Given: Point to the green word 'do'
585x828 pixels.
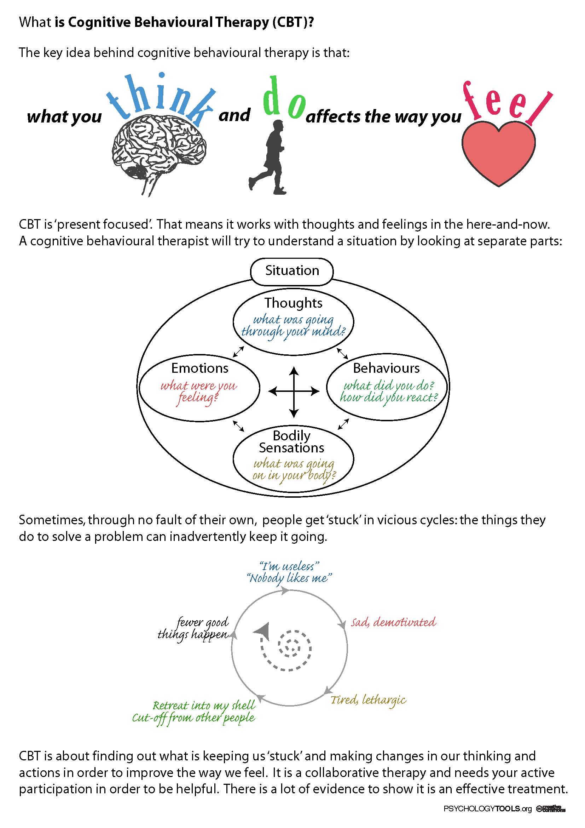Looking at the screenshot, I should tap(285, 99).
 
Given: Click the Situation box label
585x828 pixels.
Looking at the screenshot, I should tap(292, 271).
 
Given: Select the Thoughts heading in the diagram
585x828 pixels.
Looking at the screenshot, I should tap(293, 303).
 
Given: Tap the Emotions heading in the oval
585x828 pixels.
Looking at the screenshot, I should tap(199, 368).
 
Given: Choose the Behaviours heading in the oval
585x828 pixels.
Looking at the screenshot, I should tap(386, 368).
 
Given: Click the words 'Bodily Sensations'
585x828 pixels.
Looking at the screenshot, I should tap(292, 441).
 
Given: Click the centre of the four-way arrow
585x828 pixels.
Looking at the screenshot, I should tap(294, 391).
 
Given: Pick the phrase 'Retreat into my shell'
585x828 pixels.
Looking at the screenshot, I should tap(204, 706).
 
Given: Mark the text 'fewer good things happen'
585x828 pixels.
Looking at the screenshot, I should tap(193, 629).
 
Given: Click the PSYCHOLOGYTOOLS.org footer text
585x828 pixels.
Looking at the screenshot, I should tap(488, 809).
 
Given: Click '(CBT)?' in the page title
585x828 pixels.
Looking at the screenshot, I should tap(292, 22).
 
